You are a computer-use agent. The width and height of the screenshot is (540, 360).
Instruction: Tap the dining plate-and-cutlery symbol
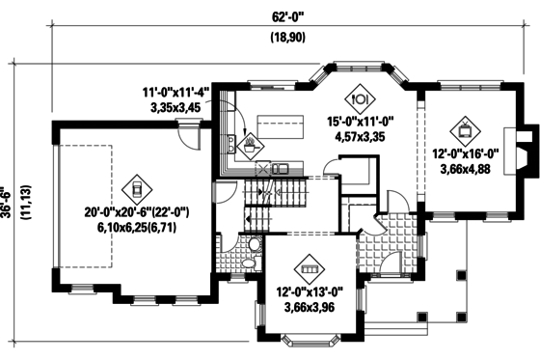[x=363, y=97]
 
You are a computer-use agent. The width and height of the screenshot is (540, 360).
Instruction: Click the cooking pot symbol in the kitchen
[x=253, y=145]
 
